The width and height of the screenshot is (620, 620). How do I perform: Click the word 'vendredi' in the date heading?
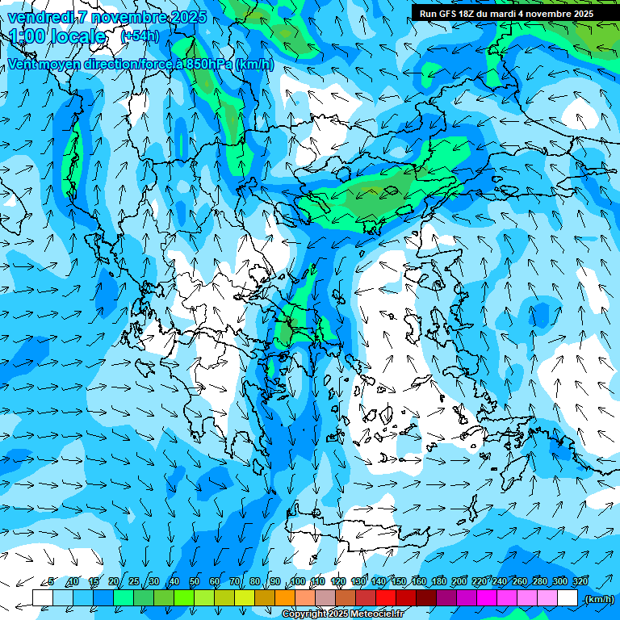pos(40,17)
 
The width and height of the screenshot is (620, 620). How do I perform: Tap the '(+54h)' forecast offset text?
pos(140,36)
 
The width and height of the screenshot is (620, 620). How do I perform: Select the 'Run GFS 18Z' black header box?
pos(506,13)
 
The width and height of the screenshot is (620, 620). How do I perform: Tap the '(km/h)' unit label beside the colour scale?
pos(599,599)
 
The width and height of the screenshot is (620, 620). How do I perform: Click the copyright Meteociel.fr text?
pos(342,614)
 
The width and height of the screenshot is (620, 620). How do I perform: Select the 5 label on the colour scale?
pos(51,581)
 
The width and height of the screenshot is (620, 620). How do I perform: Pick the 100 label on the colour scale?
pos(298,581)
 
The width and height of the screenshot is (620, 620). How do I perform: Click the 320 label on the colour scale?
pos(580,581)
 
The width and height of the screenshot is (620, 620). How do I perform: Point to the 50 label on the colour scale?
pos(195,581)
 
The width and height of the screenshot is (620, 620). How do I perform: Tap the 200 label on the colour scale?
pos(459,581)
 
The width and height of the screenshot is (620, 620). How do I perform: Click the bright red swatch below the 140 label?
pos(386,598)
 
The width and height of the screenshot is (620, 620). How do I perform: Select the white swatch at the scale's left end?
pos(43,598)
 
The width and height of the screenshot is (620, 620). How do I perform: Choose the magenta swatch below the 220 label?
pos(487,598)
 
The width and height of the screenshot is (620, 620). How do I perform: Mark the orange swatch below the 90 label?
pos(285,598)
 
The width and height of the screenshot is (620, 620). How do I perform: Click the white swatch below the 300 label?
pos(568,598)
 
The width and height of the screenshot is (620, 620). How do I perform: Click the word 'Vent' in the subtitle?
pos(23,65)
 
